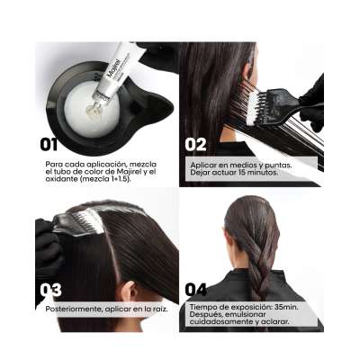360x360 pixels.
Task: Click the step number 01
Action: click(x=49, y=144)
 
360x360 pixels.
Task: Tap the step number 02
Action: click(x=195, y=144)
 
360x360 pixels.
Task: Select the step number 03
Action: click(x=50, y=290)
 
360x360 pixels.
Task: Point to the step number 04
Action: click(x=196, y=290)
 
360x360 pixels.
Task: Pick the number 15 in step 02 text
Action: click(x=243, y=173)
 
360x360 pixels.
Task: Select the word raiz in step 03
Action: click(x=160, y=309)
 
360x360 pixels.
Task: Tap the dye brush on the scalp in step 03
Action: click(x=79, y=222)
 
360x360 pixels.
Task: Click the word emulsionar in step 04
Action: click(x=246, y=314)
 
